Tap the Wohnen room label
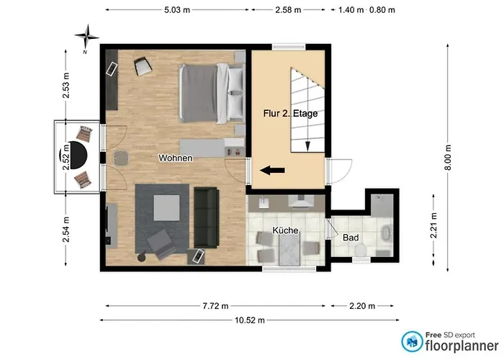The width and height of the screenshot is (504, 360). tap(176, 158)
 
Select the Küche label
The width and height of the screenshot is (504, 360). tap(285, 230)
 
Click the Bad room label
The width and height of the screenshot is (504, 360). tap(351, 238)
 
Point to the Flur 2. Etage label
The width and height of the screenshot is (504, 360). tap(290, 114)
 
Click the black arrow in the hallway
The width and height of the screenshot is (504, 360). tap(272, 171)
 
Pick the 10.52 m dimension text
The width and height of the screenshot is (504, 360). tap(250, 320)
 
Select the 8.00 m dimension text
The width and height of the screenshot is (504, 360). tap(449, 158)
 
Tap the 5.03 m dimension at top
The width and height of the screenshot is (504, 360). tap(177, 10)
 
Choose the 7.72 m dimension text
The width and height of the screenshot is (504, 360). tap(215, 306)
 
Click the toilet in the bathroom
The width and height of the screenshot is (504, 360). tap(361, 250)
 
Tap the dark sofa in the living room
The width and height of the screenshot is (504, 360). tap(207, 218)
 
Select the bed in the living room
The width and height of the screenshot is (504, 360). tap(212, 93)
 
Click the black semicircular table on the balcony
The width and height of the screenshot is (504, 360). tap(78, 156)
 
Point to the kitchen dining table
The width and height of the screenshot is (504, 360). tap(289, 249)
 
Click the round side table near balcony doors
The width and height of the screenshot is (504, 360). tap(121, 158)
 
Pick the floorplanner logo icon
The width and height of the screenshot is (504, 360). tap(412, 341)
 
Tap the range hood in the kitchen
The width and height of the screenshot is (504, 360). tap(301, 201)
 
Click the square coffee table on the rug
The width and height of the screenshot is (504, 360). tap(166, 207)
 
